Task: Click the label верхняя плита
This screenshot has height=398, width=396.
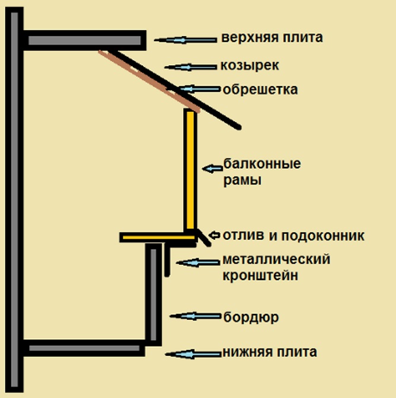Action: click(272, 38)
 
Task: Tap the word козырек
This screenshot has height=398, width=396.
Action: click(250, 65)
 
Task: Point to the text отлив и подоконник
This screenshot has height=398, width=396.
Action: click(293, 236)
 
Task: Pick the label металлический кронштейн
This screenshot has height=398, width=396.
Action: click(276, 267)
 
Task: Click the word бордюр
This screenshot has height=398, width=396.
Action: click(251, 317)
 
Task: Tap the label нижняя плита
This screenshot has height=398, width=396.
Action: click(269, 352)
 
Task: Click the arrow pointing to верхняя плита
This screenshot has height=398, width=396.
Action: click(186, 40)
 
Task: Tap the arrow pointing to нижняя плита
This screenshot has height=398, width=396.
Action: click(193, 354)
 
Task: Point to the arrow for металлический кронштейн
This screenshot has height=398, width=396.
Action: click(197, 262)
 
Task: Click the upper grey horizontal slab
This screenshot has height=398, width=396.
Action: click(83, 40)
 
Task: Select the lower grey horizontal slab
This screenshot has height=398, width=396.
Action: click(83, 348)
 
